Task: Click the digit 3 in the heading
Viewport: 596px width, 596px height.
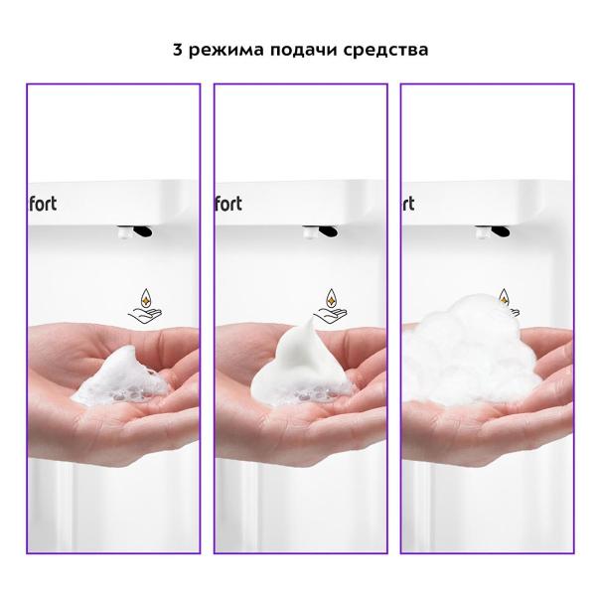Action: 178,50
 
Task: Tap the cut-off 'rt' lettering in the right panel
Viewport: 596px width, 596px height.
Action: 408,203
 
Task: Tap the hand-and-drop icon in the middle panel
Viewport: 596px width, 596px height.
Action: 331,303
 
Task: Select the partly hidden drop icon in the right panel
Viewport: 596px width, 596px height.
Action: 507,296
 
